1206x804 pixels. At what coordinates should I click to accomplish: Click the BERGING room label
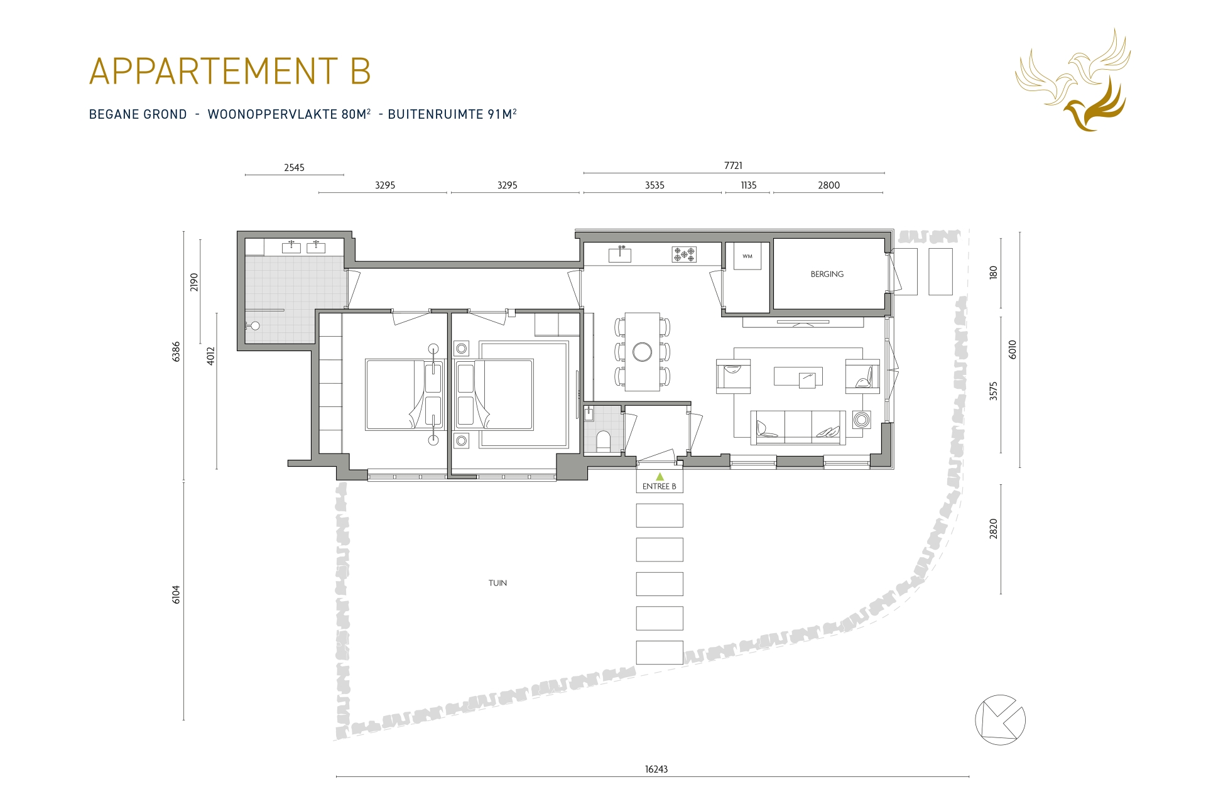click(x=827, y=274)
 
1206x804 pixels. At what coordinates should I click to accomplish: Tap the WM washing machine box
click(x=747, y=257)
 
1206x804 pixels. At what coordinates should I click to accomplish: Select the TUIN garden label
click(x=497, y=583)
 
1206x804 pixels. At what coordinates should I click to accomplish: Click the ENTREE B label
click(x=659, y=486)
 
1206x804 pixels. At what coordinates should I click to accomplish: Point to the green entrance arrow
click(x=660, y=477)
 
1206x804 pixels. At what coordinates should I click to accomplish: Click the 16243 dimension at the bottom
click(x=656, y=769)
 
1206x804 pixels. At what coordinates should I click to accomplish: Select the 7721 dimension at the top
click(x=733, y=166)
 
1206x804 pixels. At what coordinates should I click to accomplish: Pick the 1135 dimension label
click(x=748, y=185)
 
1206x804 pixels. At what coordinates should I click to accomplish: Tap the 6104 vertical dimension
click(x=177, y=594)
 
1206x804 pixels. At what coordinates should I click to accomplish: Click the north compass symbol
click(x=1000, y=720)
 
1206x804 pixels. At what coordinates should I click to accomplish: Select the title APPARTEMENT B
click(x=230, y=71)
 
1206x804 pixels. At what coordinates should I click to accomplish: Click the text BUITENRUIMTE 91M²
click(x=452, y=114)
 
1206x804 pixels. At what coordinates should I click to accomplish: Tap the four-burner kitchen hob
click(x=684, y=254)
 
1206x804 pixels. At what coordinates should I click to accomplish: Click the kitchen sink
click(x=620, y=254)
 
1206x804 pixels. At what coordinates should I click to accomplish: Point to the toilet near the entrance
click(x=602, y=440)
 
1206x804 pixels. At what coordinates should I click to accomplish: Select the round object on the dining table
click(x=642, y=352)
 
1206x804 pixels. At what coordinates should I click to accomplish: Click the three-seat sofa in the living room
click(x=798, y=427)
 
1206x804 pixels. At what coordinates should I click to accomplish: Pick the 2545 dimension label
click(x=294, y=168)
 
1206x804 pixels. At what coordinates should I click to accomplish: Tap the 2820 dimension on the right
click(x=993, y=529)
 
